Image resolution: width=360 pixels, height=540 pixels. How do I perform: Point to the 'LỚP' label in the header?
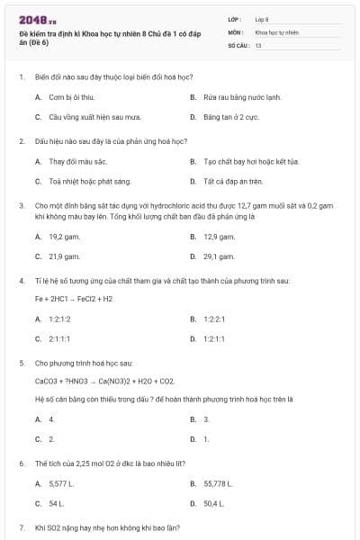tap(236, 18)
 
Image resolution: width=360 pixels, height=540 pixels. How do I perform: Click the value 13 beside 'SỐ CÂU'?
tap(258, 44)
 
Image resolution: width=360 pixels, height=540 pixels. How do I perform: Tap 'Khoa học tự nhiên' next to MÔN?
tap(275, 31)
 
